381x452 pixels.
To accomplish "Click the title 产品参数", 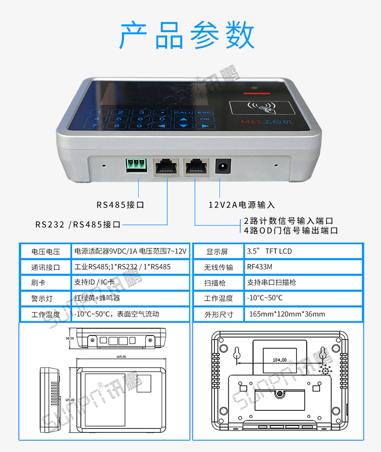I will click(x=187, y=35).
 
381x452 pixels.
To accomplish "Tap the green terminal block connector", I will click(x=136, y=165).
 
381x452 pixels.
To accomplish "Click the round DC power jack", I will click(x=222, y=166).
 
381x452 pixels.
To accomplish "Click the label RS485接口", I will click(x=120, y=205).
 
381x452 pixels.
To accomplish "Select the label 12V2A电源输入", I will click(x=242, y=205).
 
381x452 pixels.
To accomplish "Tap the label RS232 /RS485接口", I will click(x=78, y=224).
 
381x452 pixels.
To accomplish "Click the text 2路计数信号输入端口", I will click(x=288, y=221).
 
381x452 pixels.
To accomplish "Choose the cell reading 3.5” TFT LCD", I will click(x=269, y=251).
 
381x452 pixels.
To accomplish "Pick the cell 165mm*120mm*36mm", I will click(x=287, y=314).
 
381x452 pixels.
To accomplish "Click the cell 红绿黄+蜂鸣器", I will click(x=97, y=298).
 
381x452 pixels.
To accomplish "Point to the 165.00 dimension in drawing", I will click(x=120, y=357).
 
